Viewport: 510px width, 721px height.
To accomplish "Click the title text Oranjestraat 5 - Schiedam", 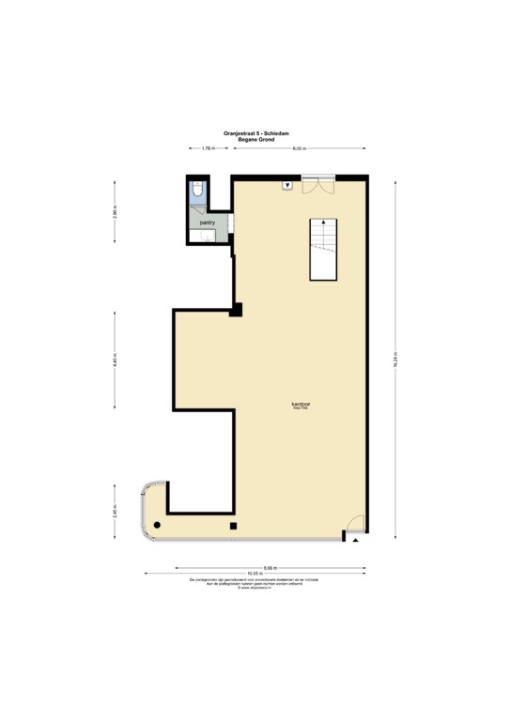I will [255, 133].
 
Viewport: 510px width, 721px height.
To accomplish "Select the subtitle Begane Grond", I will [255, 139].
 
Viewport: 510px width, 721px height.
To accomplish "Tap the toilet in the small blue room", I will [196, 192].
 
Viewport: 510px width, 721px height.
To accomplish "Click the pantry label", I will [207, 223].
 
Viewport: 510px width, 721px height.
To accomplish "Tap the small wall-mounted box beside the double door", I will [287, 185].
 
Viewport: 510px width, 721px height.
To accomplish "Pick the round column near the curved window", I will [158, 524].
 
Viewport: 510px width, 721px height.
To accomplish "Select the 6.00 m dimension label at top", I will [299, 149].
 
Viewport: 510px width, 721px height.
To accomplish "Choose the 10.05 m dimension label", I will [254, 574].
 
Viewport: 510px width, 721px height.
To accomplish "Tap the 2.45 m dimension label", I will [115, 512].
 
